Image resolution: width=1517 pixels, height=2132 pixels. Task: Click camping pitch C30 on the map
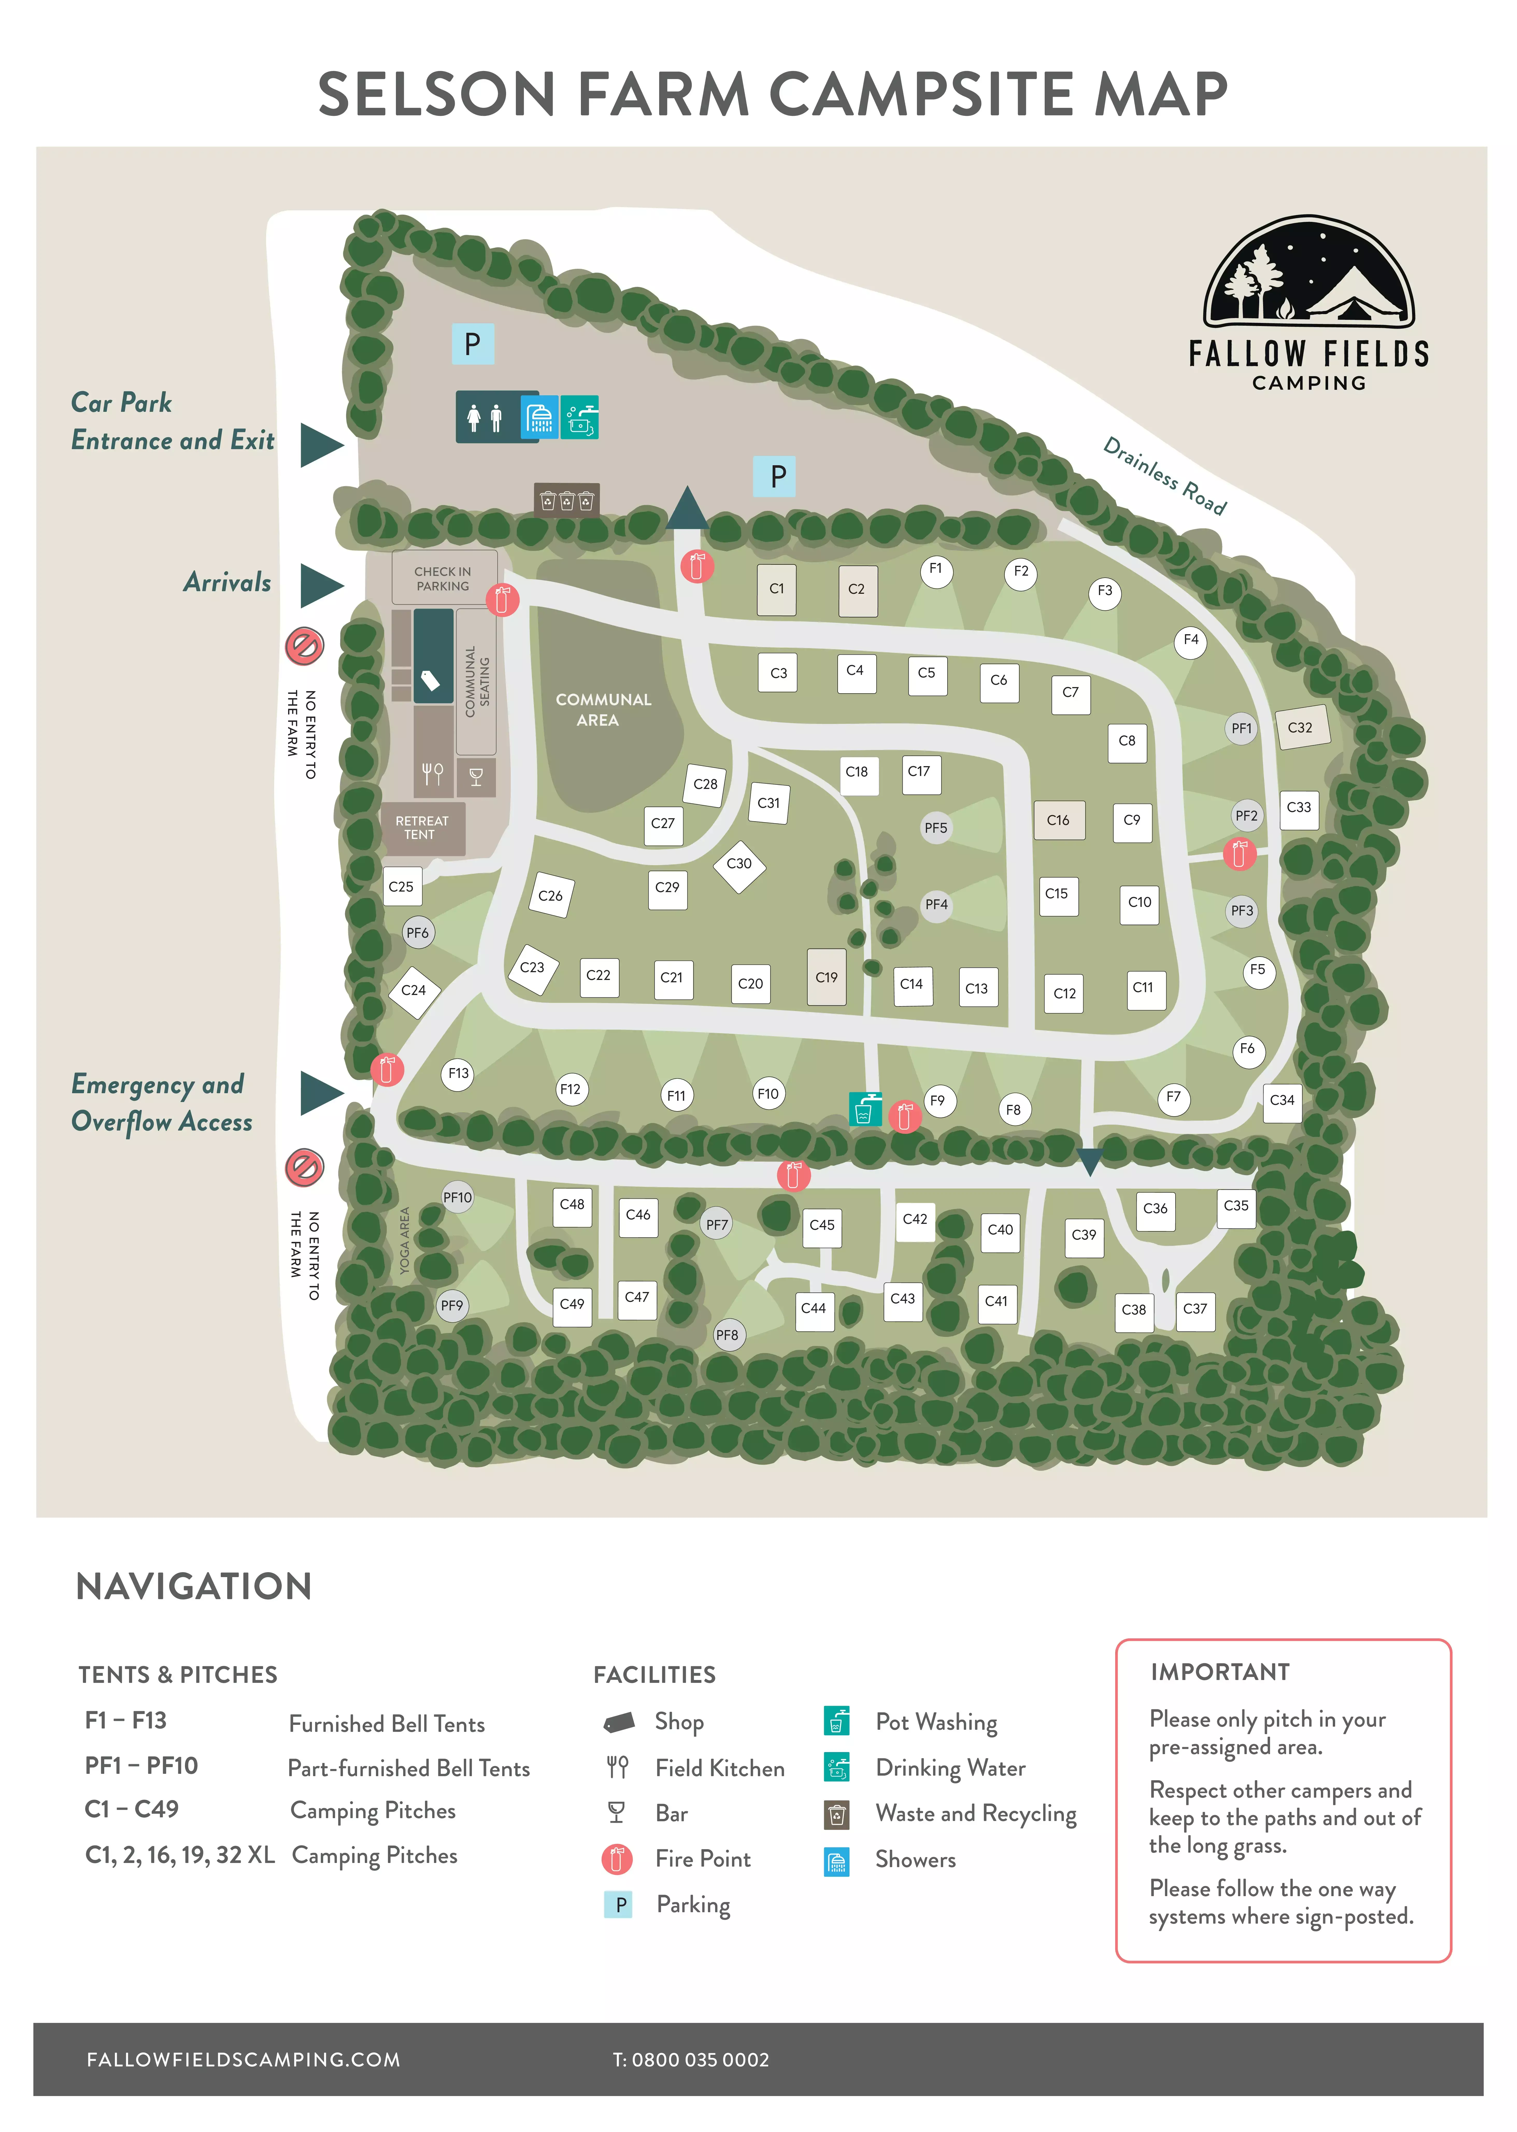739,864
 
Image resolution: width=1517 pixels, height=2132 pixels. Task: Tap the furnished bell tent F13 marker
459,1074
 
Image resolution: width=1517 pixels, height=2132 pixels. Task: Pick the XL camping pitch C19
827,977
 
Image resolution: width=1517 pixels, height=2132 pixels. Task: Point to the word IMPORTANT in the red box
1220,1672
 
